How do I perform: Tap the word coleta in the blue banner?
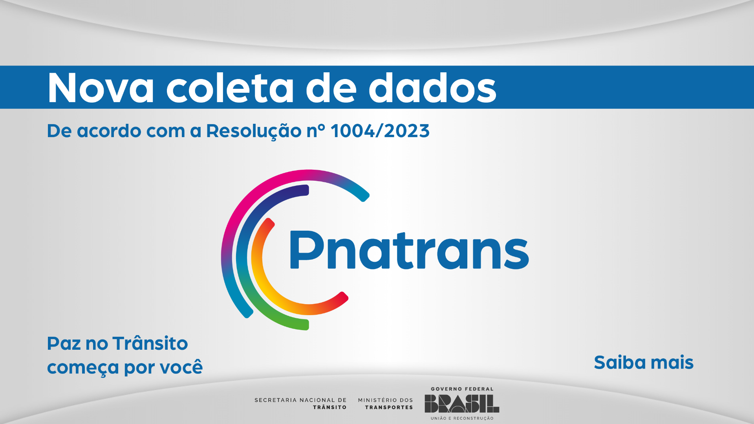pos(230,88)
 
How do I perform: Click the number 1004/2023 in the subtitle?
pos(380,131)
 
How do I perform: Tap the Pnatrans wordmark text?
pos(409,250)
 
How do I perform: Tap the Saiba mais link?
pos(644,362)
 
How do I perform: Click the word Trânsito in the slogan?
pos(150,343)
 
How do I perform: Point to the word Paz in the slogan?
pos(64,343)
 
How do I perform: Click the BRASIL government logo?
pos(462,404)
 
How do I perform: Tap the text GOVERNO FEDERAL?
pos(462,389)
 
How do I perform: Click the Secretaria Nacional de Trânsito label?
pos(300,404)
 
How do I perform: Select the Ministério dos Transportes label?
pos(385,404)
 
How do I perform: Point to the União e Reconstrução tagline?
pos(462,418)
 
